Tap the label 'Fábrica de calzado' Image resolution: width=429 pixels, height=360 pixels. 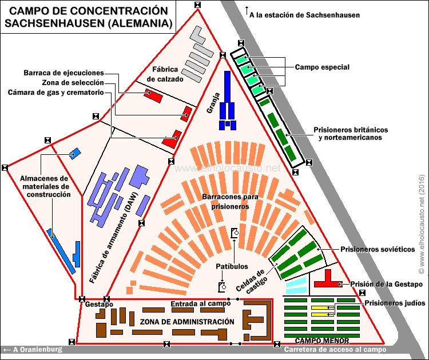[x=165, y=74]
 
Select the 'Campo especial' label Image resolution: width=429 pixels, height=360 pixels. [x=322, y=67]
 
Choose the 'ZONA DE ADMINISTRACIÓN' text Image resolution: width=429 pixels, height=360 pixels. [x=187, y=322]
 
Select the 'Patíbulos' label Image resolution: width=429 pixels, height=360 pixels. [x=232, y=266]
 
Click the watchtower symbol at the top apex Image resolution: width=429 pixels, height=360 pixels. [x=197, y=5]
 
